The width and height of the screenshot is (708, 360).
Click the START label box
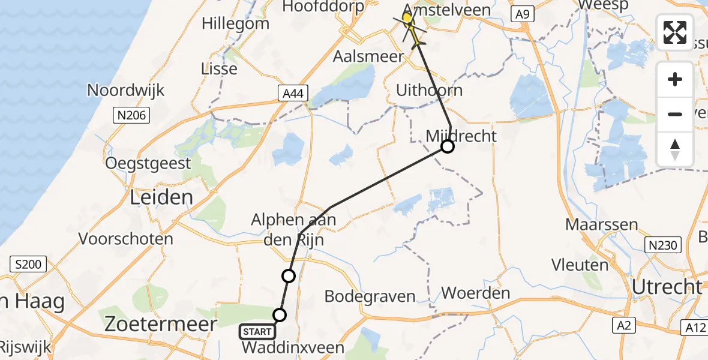(257, 331)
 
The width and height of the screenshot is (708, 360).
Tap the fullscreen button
(675, 32)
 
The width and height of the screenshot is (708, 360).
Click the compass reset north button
(675, 149)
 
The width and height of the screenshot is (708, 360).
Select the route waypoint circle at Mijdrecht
(447, 146)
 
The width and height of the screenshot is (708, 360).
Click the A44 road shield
(293, 92)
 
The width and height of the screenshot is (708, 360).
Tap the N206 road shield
(131, 115)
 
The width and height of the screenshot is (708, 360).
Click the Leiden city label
(162, 197)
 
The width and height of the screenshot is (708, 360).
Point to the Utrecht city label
(667, 287)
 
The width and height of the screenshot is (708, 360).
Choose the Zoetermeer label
(161, 325)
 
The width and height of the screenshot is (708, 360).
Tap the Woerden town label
(475, 294)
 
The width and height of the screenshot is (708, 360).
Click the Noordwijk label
(125, 91)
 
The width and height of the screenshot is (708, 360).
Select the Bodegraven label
(370, 296)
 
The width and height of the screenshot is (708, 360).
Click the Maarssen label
(593, 226)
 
